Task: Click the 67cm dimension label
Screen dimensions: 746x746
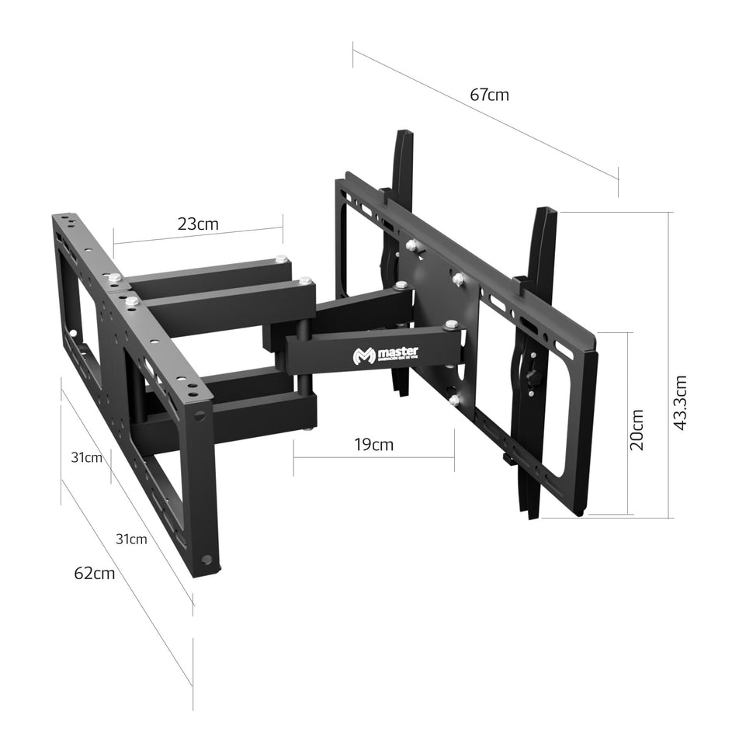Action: [489, 95]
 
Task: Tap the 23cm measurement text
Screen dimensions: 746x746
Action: [198, 224]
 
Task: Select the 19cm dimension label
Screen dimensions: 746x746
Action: [373, 445]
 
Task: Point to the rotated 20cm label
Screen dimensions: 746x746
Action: [637, 430]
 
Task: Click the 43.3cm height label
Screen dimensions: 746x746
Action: [680, 403]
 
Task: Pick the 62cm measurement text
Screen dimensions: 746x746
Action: [95, 574]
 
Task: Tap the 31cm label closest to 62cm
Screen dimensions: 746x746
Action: [131, 539]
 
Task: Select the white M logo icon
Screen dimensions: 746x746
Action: [363, 356]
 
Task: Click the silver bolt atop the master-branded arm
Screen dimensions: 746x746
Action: [452, 323]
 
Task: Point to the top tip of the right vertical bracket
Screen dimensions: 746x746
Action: [545, 210]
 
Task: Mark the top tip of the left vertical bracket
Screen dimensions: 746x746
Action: [404, 133]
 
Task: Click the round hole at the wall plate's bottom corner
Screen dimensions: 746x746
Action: [206, 559]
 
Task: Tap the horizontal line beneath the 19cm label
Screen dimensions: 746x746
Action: [373, 457]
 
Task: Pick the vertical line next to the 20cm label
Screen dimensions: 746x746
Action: [627, 424]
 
